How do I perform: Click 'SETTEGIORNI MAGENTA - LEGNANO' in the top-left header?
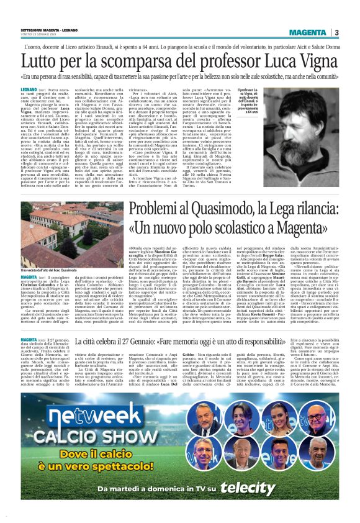(x=45, y=32)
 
